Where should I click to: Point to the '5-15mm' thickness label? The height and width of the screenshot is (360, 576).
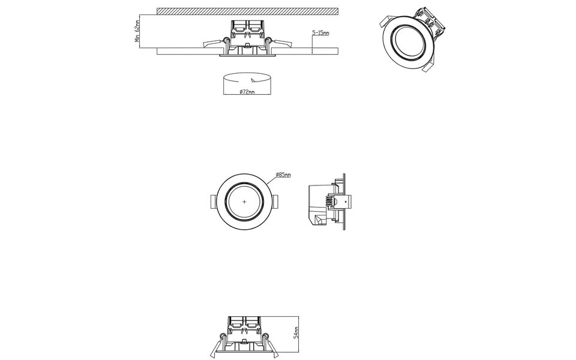coord(320,33)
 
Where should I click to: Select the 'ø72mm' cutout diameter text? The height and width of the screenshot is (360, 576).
coord(247,91)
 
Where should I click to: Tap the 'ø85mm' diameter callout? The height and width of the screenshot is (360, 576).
coord(283,175)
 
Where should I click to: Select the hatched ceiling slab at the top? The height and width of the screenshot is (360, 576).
coord(246,11)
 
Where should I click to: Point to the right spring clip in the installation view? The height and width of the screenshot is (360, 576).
coord(280,43)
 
